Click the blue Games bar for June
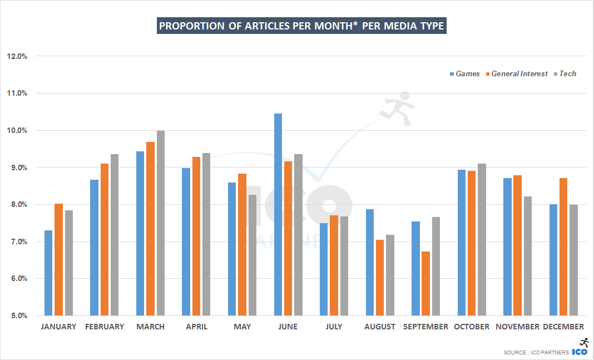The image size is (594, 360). [x=278, y=214]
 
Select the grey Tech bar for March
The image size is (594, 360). [x=161, y=223]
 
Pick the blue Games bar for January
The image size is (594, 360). [x=48, y=273]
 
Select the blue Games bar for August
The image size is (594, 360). [x=370, y=262]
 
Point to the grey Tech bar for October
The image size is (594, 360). [x=482, y=239]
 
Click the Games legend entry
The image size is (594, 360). [x=464, y=73]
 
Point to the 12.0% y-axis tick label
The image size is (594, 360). [x=17, y=56]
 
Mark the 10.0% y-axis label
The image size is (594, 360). [x=17, y=130]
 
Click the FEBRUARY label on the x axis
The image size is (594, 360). [x=105, y=327]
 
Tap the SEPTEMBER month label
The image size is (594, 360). [x=425, y=327]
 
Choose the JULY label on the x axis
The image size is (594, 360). [x=334, y=327]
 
